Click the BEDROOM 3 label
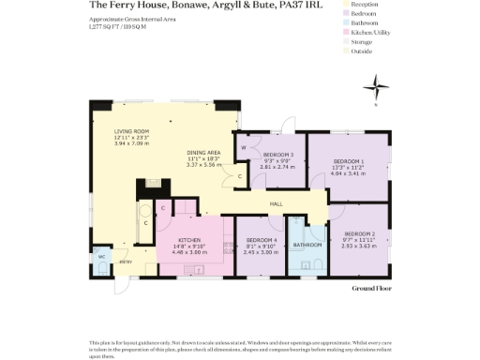pos(277,154)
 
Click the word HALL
pos(277,203)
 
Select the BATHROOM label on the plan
pos(307,246)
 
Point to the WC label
pos(100,255)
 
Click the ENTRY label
pos(124,262)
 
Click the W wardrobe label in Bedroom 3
pos(245,147)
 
